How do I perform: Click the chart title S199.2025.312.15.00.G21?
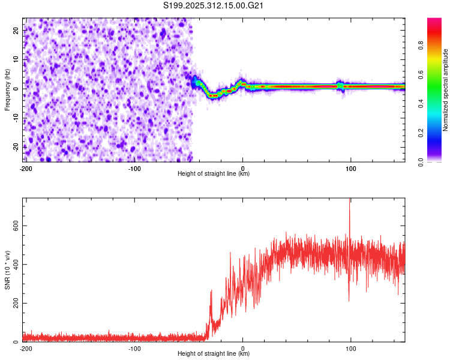(x=214, y=6)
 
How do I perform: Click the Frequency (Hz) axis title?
(x=7, y=89)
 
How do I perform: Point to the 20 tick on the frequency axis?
(x=16, y=29)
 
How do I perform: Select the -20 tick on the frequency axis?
(x=15, y=147)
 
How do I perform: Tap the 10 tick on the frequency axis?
(x=16, y=59)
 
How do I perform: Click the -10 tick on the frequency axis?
(x=15, y=118)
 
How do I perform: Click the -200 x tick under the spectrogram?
(x=26, y=168)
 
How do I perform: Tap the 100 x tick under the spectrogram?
(x=351, y=168)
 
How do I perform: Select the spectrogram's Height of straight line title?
(x=214, y=174)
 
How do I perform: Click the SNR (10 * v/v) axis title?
(x=7, y=270)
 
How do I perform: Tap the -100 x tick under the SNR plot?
(x=134, y=348)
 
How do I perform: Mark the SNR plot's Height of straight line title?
(x=214, y=354)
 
